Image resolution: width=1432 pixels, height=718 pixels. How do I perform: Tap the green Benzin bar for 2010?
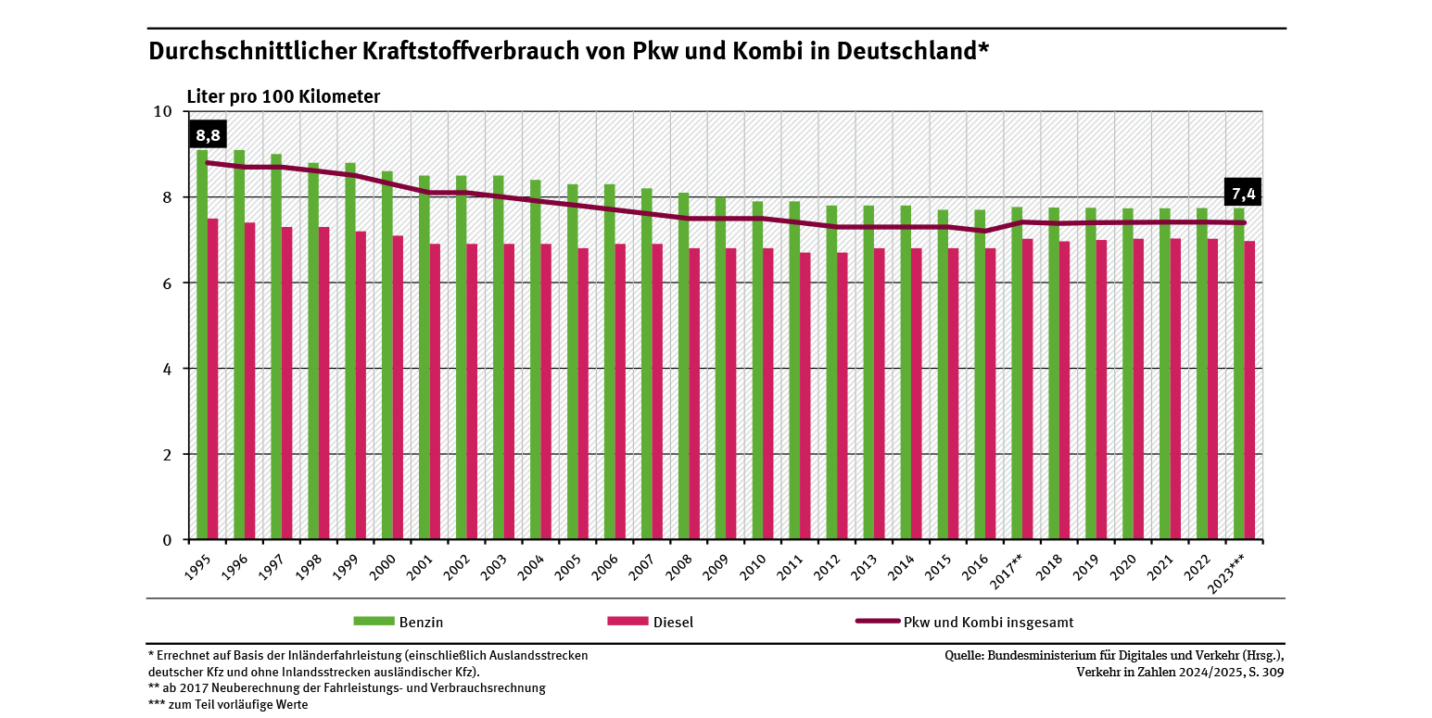(757, 371)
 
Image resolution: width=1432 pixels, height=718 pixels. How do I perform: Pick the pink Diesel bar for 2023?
(1250, 390)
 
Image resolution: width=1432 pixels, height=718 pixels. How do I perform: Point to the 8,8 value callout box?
(208, 136)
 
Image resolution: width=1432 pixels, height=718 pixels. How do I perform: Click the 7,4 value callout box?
(1243, 194)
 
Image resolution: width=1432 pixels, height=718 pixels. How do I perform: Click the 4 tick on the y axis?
(167, 369)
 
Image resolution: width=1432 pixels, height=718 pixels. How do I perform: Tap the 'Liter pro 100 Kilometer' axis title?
(284, 96)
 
